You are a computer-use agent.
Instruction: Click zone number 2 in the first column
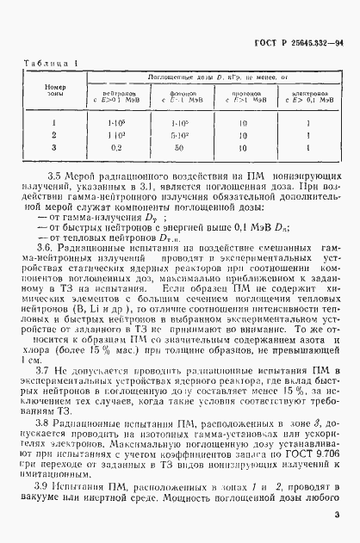[x=54, y=134]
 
